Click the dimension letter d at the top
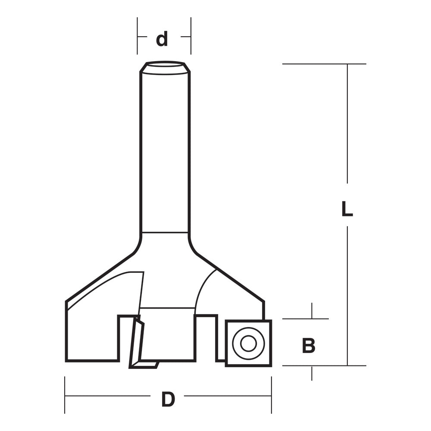coord(162,40)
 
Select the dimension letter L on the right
coord(347,209)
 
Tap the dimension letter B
coord(309,346)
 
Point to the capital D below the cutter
coord(168,400)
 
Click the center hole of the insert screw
coord(248,344)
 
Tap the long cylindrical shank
coord(165,151)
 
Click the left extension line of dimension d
coord(137,36)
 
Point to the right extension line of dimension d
coord(191,36)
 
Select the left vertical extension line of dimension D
coord(65,395)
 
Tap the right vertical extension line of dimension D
coord(272,395)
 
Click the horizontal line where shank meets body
coord(165,233)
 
